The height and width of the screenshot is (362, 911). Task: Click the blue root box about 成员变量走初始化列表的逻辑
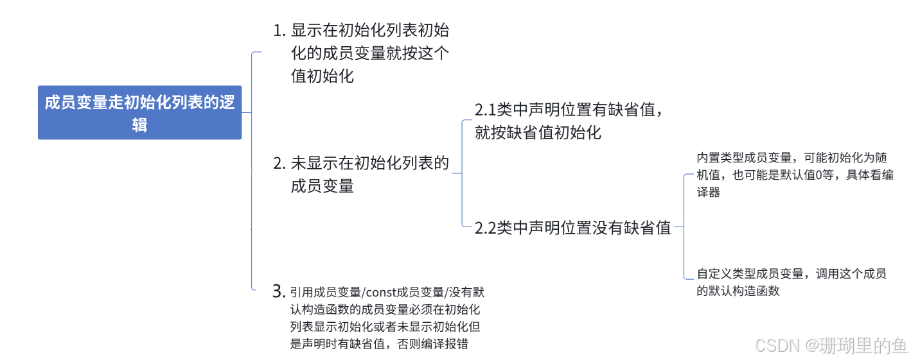(x=139, y=112)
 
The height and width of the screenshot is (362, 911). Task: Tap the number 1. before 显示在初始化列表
(x=279, y=30)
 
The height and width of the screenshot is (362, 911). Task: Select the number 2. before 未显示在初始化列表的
(x=279, y=164)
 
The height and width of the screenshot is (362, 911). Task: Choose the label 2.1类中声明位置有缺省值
(x=569, y=110)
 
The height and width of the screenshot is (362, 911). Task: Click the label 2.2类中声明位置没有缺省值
(x=574, y=228)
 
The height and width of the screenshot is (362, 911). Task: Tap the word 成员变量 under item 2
(x=323, y=187)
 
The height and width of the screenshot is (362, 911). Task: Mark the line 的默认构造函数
(x=739, y=291)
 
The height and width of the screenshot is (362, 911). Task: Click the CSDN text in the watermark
(x=775, y=345)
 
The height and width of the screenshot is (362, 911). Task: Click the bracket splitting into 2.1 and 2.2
(x=463, y=172)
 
